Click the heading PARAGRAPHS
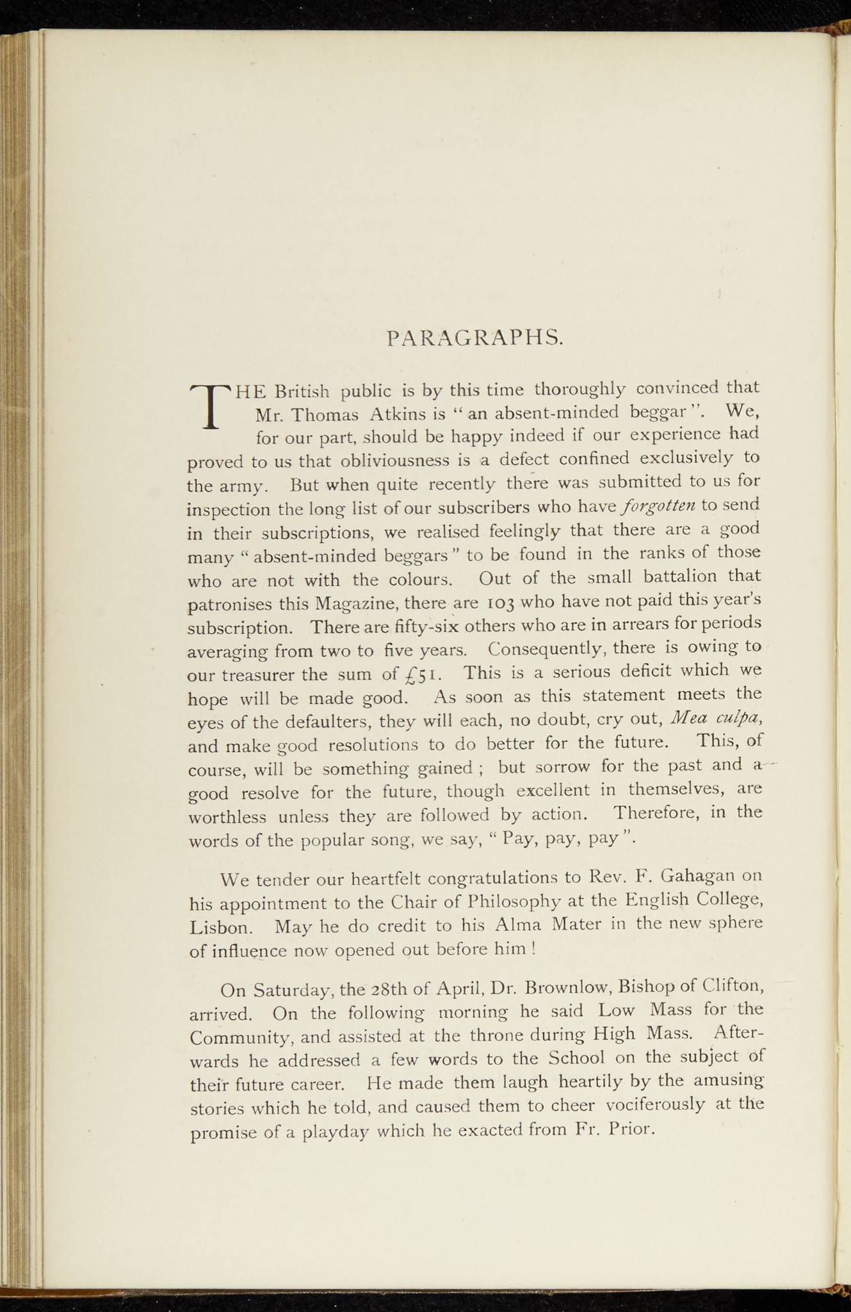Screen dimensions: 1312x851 point(475,337)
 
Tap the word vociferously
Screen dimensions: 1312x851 point(655,1104)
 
